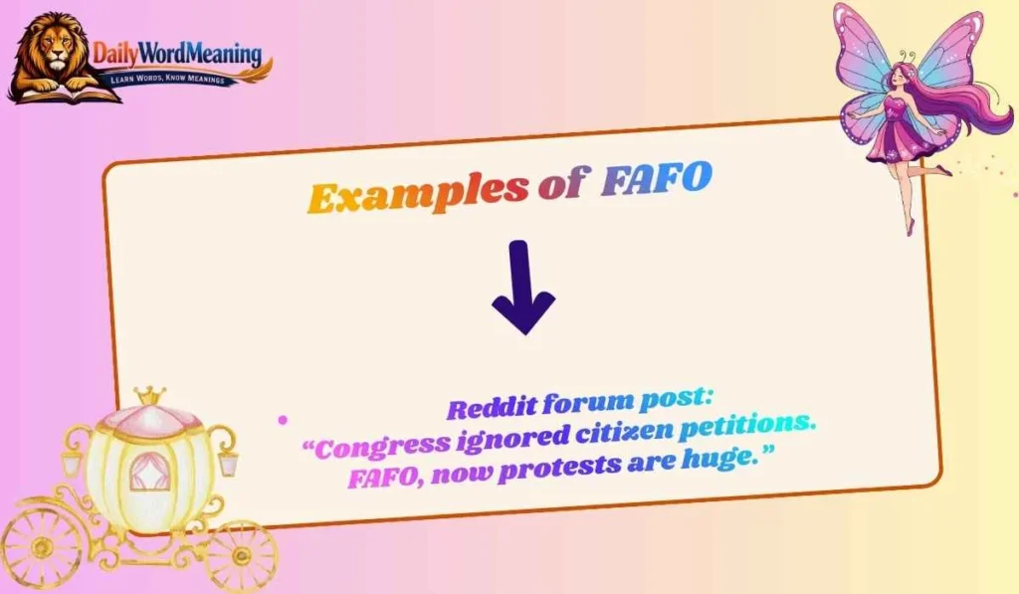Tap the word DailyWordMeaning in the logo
click(177, 54)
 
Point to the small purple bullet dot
click(283, 421)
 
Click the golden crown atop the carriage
click(150, 396)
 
